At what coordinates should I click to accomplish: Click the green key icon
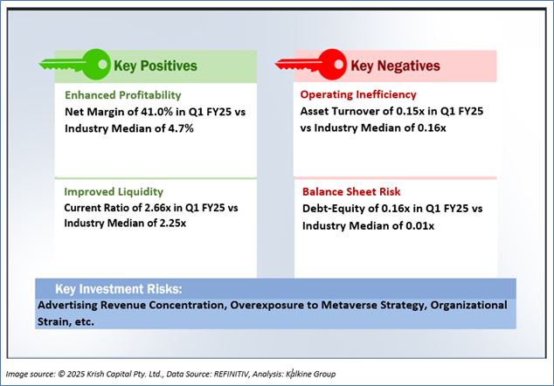(73, 64)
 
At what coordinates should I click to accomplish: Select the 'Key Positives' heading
(156, 65)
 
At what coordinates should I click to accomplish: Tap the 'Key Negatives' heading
(395, 65)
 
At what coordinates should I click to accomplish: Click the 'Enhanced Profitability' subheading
(123, 94)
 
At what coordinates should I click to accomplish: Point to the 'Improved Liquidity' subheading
(114, 191)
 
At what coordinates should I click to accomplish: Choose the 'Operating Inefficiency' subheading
(358, 94)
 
